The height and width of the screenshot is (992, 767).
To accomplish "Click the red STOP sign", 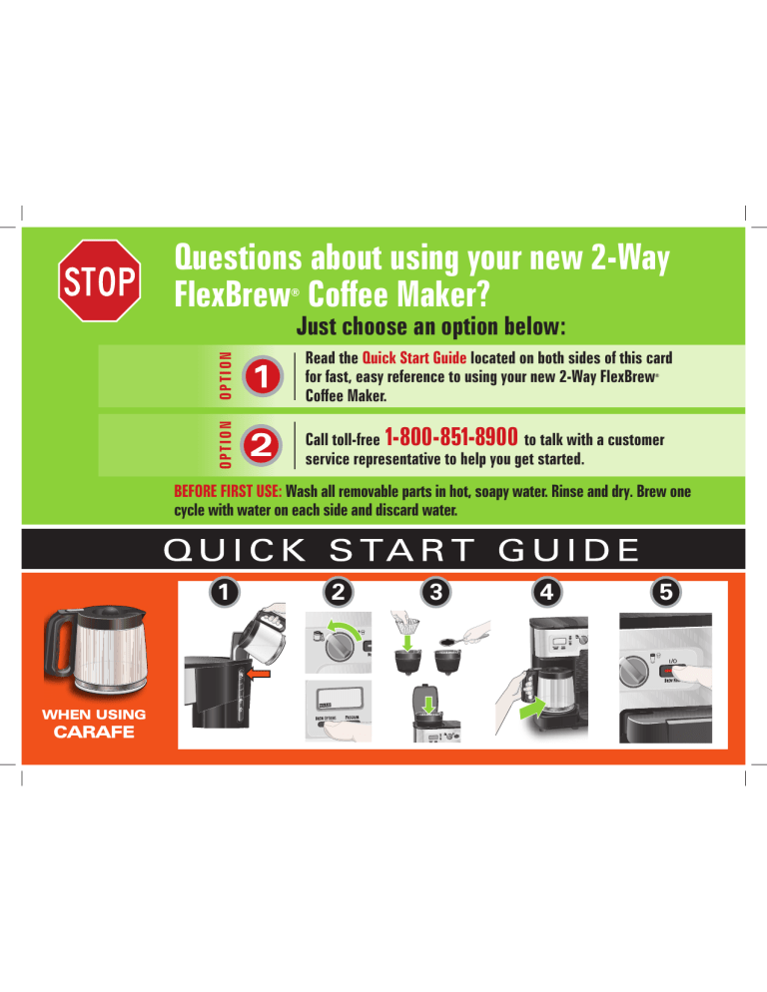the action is click(x=100, y=280).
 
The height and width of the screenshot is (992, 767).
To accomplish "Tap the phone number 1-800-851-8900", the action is click(x=451, y=436).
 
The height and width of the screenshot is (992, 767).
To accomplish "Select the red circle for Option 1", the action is click(x=263, y=377).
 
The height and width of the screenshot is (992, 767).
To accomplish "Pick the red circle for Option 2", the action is click(x=263, y=446).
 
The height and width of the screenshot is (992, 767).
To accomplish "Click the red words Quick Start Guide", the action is click(x=414, y=358).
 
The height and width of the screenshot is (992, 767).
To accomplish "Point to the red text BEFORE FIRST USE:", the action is click(x=228, y=492).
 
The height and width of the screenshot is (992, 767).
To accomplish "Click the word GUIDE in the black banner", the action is click(x=568, y=550).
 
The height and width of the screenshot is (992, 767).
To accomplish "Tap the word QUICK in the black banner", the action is click(x=235, y=550).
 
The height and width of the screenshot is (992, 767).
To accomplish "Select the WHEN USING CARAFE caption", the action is click(x=94, y=724).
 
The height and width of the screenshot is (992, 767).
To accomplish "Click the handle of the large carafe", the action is click(x=55, y=649).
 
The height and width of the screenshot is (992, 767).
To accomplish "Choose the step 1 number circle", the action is click(x=225, y=593).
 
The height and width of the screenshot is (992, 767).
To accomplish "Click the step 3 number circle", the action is click(x=435, y=593).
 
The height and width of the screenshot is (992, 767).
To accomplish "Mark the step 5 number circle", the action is click(x=666, y=593).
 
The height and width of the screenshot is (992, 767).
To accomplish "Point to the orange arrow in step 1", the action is click(x=258, y=675).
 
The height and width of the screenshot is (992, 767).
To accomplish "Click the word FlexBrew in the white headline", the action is click(x=232, y=294).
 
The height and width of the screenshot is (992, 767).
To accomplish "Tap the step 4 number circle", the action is click(x=546, y=593).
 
